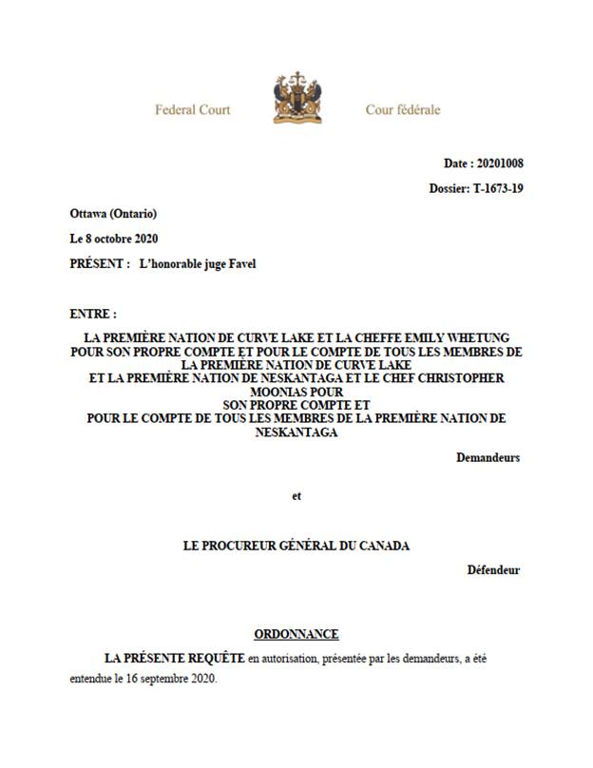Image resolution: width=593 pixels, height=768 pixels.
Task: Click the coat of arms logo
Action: click(297, 97)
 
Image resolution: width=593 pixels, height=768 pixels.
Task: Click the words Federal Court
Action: click(193, 109)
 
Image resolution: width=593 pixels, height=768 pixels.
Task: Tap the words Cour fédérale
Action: click(403, 109)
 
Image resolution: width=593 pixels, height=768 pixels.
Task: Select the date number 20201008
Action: click(500, 163)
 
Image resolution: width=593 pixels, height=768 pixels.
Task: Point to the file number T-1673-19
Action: click(498, 188)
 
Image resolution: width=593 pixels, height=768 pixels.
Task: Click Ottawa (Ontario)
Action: click(113, 213)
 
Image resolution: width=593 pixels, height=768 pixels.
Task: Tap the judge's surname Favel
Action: click(241, 263)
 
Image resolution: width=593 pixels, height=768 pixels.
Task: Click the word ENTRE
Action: click(92, 313)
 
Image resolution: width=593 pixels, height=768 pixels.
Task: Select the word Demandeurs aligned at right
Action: click(488, 457)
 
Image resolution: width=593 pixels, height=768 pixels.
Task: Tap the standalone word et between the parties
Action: click(296, 495)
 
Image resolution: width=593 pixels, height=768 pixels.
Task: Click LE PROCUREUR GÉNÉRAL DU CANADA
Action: click(297, 546)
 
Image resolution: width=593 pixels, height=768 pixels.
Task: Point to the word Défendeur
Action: click(493, 570)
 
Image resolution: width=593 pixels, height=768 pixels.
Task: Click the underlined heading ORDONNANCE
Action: click(296, 634)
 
